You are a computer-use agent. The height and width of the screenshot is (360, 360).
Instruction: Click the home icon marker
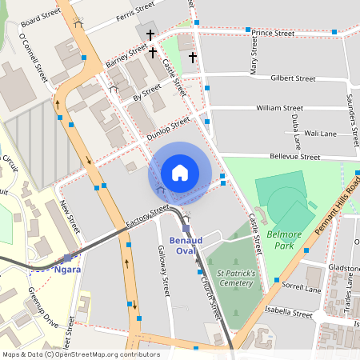[180, 172]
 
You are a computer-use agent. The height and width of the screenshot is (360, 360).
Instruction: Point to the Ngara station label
[67, 270]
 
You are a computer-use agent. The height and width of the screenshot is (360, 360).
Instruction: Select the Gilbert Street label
[293, 78]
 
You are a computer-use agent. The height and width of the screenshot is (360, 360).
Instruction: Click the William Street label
[279, 107]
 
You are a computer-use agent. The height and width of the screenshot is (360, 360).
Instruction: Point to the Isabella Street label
[290, 314]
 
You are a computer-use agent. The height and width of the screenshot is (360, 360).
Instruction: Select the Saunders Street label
[350, 112]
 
